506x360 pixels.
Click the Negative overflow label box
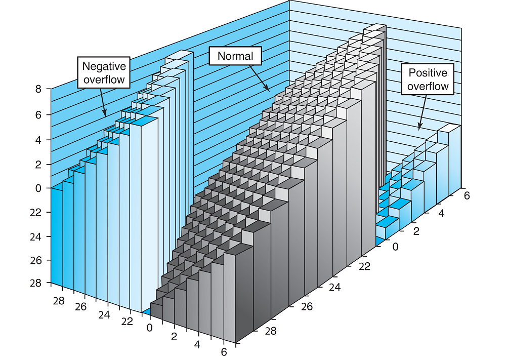click(x=104, y=73)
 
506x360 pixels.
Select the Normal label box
click(x=235, y=56)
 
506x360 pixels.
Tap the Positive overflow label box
click(x=428, y=79)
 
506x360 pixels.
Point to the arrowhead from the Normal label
click(x=268, y=90)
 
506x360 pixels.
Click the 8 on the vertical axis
click(x=38, y=90)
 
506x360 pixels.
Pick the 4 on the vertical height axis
click(x=38, y=139)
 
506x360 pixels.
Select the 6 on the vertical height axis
click(x=38, y=114)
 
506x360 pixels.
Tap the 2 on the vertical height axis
click(x=38, y=165)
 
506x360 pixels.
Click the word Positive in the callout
click(x=428, y=73)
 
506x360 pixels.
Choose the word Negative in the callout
click(x=104, y=66)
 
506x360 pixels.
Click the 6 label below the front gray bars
click(x=223, y=352)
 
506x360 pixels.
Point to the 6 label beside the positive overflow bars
click(x=467, y=195)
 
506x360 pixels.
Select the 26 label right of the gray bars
click(x=306, y=307)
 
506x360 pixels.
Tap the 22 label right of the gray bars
click(x=364, y=266)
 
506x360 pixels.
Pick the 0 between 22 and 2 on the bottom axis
click(x=149, y=327)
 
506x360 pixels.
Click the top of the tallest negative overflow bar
click(x=180, y=55)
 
